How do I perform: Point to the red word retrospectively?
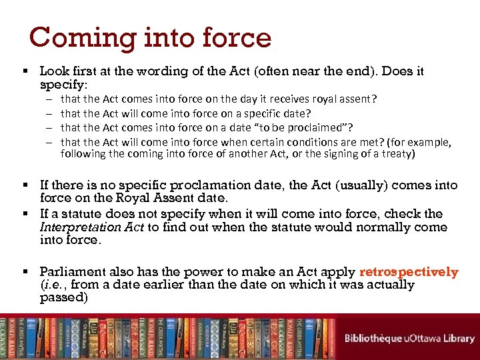tap(409, 272)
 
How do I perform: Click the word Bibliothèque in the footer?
tap(373, 338)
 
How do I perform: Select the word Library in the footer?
tap(459, 338)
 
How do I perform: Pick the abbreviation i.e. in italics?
tap(53, 285)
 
